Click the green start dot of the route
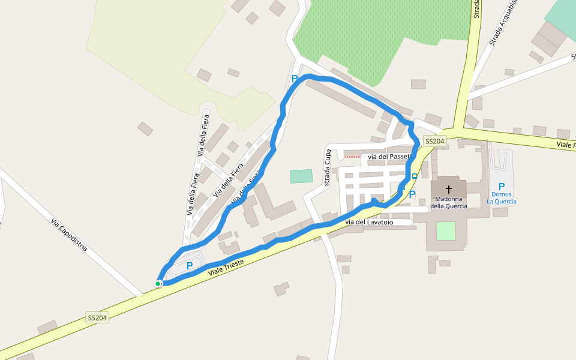pyautogui.click(x=158, y=284)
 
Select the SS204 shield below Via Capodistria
pyautogui.click(x=97, y=317)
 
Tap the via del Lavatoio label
pyautogui.click(x=370, y=222)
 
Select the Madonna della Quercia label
pyautogui.click(x=448, y=202)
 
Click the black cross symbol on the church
pyautogui.click(x=448, y=189)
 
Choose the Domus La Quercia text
pyautogui.click(x=502, y=198)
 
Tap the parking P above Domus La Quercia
pyautogui.click(x=502, y=186)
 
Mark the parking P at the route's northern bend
pyautogui.click(x=294, y=79)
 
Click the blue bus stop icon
pyautogui.click(x=415, y=176)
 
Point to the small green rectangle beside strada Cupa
pyautogui.click(x=301, y=176)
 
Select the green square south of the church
pyautogui.click(x=446, y=230)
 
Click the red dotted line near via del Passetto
pyautogui.click(x=352, y=157)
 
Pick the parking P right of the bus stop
pyautogui.click(x=412, y=194)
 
